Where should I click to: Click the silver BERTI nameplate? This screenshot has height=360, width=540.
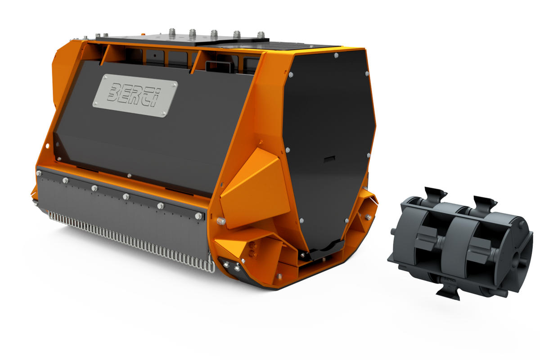(x=135, y=95)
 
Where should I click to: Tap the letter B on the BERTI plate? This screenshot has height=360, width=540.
(x=116, y=92)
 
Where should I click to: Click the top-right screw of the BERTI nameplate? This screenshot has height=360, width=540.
(x=174, y=85)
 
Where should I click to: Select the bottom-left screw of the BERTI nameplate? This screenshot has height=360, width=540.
(x=96, y=103)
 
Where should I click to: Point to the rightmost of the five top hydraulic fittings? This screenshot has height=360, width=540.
(x=261, y=35)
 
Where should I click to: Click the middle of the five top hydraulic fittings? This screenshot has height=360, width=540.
(x=214, y=34)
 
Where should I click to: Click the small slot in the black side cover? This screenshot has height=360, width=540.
(x=329, y=159)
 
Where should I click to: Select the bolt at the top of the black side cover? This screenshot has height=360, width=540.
(x=336, y=56)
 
